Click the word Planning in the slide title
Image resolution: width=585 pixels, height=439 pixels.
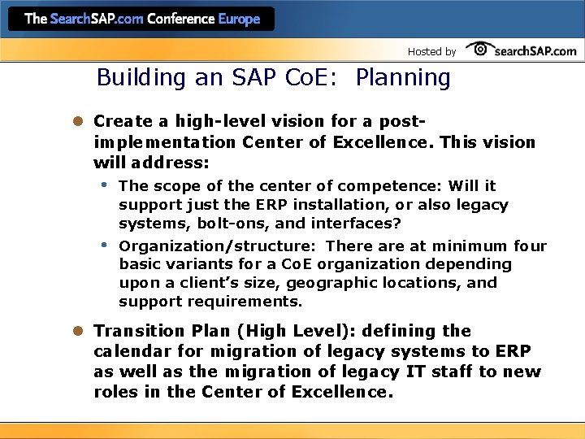click(x=403, y=78)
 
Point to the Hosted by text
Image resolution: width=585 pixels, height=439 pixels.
click(x=431, y=51)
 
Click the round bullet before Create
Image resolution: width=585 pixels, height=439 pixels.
click(x=79, y=121)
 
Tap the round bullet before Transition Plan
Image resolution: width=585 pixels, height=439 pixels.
click(x=79, y=331)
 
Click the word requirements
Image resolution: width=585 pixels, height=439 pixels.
click(x=245, y=302)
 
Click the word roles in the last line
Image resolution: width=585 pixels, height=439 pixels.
click(x=115, y=392)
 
